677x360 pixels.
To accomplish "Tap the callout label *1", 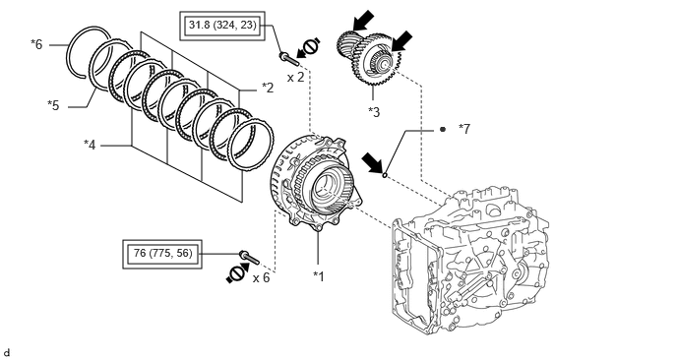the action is (319, 275).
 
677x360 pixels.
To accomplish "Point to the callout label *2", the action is (268, 88).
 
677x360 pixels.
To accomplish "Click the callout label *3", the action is (374, 112).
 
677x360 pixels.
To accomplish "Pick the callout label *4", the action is (90, 145).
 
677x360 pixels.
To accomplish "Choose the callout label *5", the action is (53, 105).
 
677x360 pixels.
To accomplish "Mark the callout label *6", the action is (36, 44).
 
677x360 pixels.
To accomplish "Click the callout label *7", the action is (464, 129).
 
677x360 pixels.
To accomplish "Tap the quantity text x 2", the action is (296, 78).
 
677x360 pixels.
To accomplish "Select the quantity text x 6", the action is (261, 277).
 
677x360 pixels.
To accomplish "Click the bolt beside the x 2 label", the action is (289, 59).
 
